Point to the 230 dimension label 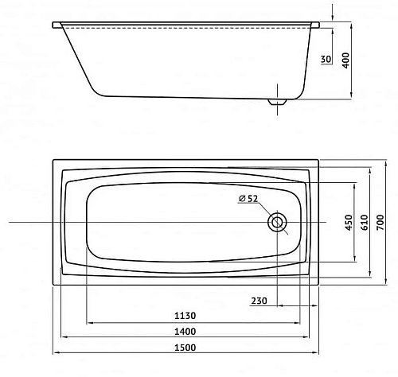258,300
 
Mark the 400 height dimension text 345,60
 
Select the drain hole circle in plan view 279,223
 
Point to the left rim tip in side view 55,25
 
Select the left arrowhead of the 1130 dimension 88,323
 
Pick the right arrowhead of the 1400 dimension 299,338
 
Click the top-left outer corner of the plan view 53,160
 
